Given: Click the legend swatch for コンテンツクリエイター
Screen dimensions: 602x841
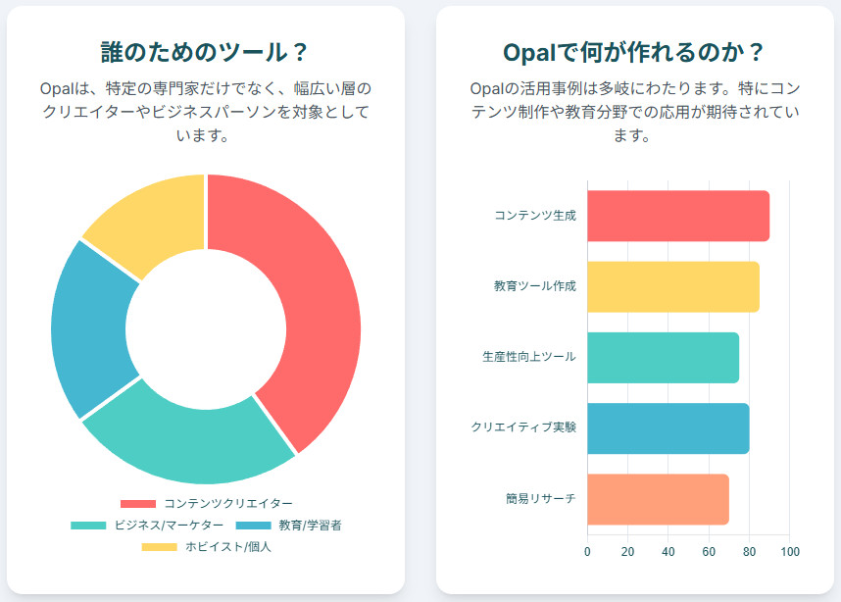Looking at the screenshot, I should click(x=137, y=504).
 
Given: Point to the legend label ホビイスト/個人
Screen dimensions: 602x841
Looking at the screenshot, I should click(x=227, y=547).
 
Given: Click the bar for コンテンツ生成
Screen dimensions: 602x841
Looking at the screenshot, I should click(x=677, y=216).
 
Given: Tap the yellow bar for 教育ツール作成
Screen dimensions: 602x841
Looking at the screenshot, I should click(x=672, y=286).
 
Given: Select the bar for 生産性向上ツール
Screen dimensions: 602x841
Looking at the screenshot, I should click(x=663, y=357).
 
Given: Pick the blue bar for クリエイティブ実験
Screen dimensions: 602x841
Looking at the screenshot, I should click(x=668, y=427).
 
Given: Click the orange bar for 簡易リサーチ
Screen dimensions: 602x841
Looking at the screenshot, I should click(x=658, y=498).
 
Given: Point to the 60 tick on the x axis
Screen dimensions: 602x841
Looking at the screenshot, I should click(x=709, y=551).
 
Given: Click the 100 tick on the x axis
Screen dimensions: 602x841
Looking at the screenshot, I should click(x=789, y=551).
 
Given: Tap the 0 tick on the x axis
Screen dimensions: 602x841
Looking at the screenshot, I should click(x=587, y=551).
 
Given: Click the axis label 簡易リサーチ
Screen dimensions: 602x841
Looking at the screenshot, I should click(x=540, y=498).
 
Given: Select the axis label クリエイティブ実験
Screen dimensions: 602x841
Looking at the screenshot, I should click(x=523, y=427).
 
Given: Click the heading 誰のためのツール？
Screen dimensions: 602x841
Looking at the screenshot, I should click(x=206, y=52).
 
